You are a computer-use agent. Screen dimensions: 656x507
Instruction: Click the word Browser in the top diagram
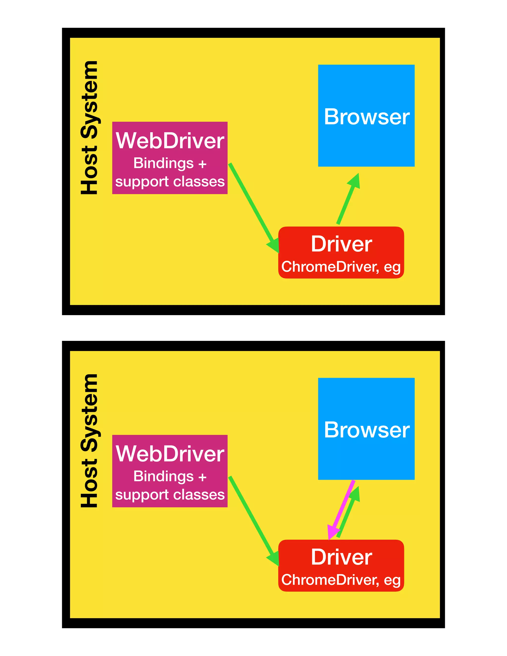366,117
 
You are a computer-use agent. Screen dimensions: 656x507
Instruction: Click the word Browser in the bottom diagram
366,430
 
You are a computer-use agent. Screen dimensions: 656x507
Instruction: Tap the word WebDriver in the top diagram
170,141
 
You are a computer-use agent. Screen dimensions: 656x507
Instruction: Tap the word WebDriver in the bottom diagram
170,454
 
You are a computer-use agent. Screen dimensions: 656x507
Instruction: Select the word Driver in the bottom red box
341,557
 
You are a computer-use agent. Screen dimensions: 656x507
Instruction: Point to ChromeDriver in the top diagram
330,267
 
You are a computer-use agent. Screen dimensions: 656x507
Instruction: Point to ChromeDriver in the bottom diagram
330,580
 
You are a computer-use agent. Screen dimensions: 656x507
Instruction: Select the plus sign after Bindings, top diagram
202,164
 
